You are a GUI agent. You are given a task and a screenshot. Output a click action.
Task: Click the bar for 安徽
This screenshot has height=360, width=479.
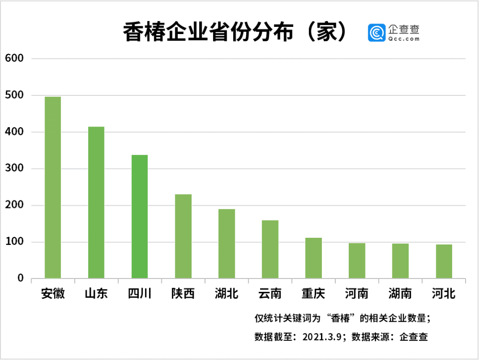[x=53, y=187]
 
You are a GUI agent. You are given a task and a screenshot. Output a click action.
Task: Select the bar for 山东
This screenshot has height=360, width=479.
[x=96, y=202]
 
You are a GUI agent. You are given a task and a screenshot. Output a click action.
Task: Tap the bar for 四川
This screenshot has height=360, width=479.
[x=139, y=216]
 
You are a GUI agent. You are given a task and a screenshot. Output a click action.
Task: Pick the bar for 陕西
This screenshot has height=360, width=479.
[x=183, y=236]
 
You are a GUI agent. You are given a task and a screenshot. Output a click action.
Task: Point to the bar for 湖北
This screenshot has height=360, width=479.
[x=227, y=244]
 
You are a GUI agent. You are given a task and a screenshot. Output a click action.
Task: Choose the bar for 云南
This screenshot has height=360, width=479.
[x=270, y=249]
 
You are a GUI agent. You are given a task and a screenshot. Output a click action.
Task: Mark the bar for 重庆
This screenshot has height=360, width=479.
[x=313, y=258]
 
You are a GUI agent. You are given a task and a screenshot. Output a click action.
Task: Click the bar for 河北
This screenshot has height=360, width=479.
[x=444, y=261]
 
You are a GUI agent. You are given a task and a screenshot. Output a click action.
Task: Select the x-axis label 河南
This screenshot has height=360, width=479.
[x=356, y=294]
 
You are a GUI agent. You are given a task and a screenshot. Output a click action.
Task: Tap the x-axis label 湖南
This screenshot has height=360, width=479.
[x=400, y=294]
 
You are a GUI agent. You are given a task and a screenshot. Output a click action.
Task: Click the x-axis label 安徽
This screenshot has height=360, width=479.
[x=53, y=294]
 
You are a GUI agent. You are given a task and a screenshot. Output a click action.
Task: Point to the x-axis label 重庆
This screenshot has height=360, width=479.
[x=313, y=294]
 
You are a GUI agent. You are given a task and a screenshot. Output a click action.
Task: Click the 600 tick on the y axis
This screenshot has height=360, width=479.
[x=14, y=58]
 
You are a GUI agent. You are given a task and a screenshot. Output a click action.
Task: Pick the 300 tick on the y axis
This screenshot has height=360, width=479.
[x=14, y=168]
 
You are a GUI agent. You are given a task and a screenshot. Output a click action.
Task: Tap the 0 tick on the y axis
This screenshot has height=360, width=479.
[x=21, y=278]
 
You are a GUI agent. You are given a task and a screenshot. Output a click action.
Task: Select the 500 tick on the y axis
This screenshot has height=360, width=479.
[x=14, y=95]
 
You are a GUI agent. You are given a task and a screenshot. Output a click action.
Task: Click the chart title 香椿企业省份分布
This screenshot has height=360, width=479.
[x=208, y=32]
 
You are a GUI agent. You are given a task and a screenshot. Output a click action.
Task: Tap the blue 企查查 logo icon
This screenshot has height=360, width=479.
[x=376, y=33]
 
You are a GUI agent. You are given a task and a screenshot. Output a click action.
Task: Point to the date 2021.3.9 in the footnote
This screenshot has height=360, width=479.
[x=322, y=337]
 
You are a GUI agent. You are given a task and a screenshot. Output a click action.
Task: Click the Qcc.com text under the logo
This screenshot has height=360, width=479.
[x=404, y=39]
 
